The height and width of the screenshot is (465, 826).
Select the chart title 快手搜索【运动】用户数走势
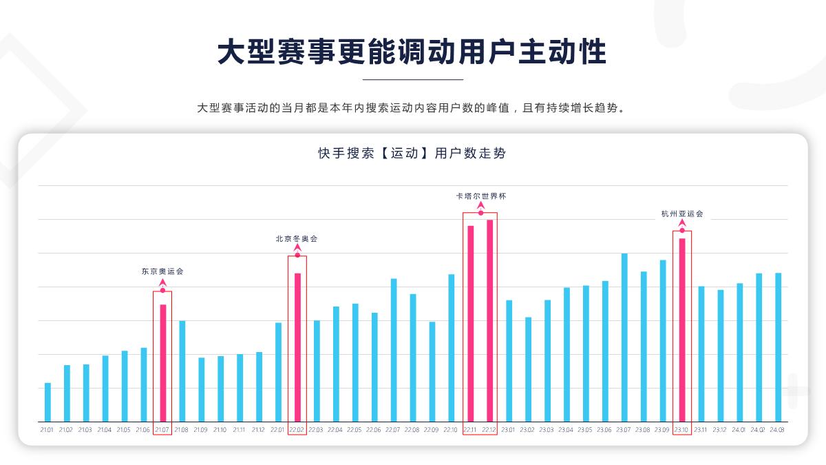click(x=412, y=153)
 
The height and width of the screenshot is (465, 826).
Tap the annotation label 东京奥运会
click(x=162, y=271)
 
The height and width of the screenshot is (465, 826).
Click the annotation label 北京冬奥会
click(x=297, y=239)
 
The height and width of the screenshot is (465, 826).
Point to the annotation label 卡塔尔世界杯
click(x=480, y=196)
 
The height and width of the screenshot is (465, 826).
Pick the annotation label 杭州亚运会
click(x=682, y=214)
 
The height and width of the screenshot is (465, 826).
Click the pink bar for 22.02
click(x=297, y=347)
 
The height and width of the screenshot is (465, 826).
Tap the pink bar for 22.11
click(x=471, y=324)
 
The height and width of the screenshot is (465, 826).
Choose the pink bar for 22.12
click(x=490, y=320)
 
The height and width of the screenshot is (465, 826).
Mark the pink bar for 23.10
click(x=682, y=330)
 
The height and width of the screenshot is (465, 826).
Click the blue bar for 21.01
click(x=47, y=402)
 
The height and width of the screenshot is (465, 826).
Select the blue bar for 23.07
click(x=624, y=338)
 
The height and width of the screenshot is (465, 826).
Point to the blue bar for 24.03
click(x=778, y=347)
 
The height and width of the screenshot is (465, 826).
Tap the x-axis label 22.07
click(x=392, y=431)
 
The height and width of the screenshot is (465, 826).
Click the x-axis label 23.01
click(x=508, y=431)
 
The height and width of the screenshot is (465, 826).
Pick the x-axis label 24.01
click(x=739, y=431)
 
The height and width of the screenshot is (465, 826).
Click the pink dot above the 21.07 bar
click(x=162, y=290)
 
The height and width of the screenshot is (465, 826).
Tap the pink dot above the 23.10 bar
click(x=682, y=230)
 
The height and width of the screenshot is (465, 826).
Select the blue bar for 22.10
click(x=451, y=348)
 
